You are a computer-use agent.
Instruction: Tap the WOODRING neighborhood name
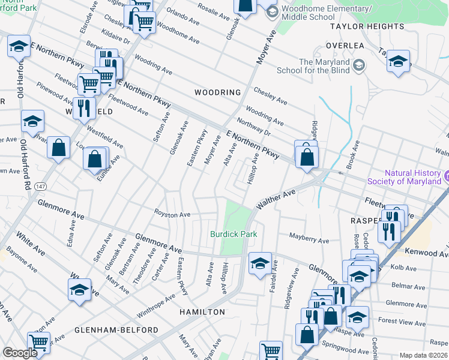[218, 92]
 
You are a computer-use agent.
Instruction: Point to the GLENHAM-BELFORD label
[116, 330]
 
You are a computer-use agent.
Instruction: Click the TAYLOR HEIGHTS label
[367, 27]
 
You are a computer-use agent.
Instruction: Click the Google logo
[19, 353]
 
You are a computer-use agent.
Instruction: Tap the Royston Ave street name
[172, 214]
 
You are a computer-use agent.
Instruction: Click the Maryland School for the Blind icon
[359, 65]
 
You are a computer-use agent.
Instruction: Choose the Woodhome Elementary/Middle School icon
[271, 12]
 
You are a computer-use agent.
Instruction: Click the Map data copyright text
[423, 355]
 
